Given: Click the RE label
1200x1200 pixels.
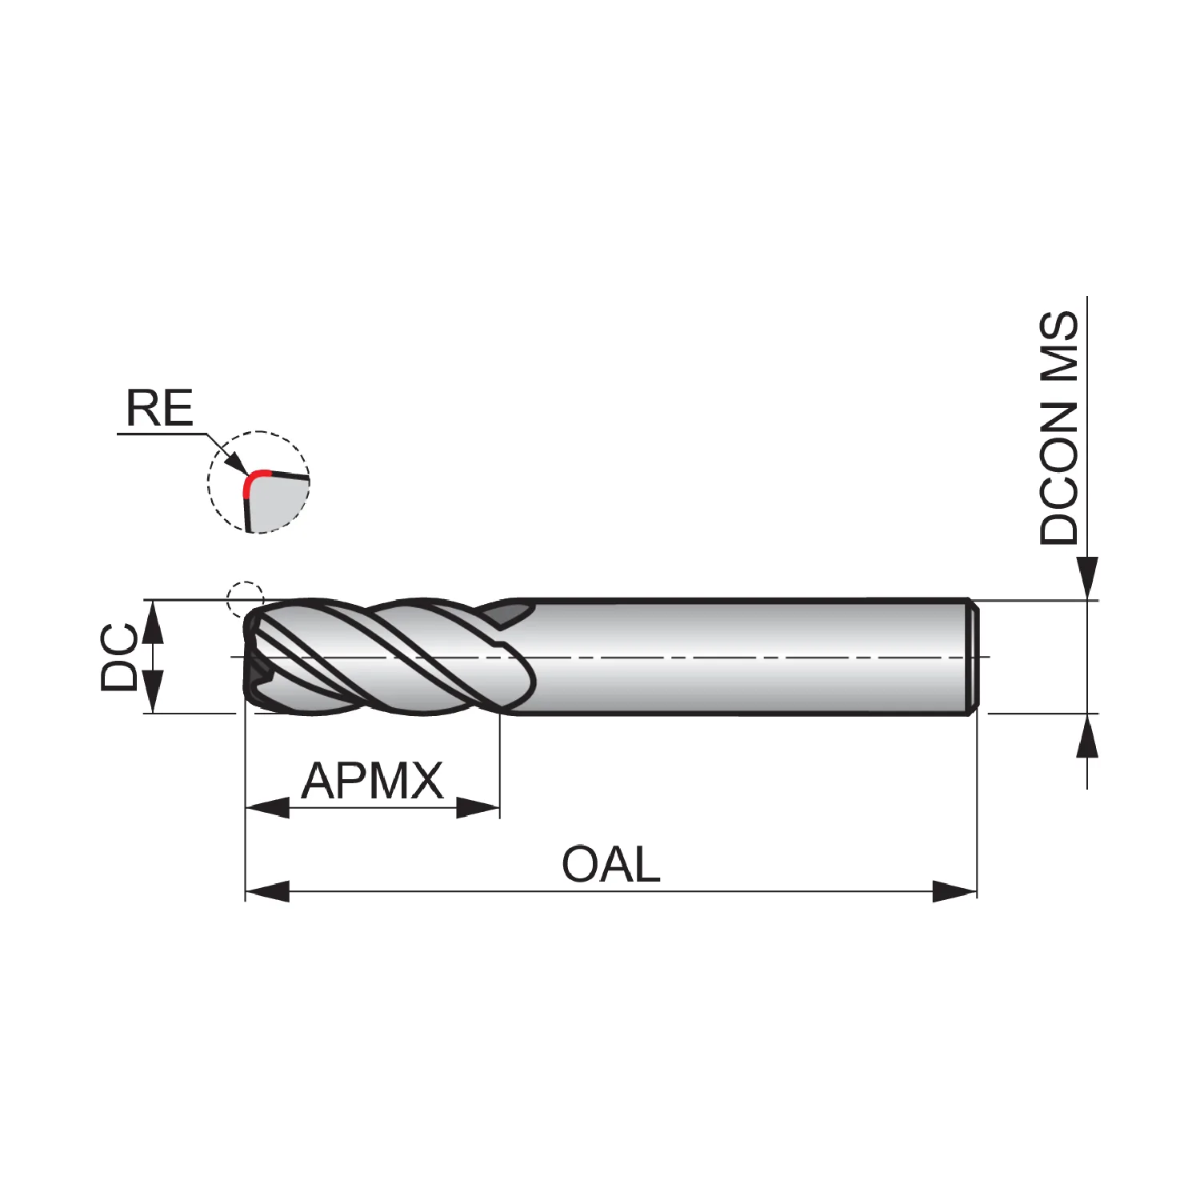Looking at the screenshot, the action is point(159,408).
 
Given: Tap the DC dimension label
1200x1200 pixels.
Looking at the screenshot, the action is point(119,658).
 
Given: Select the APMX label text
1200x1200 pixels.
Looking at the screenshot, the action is point(372,781).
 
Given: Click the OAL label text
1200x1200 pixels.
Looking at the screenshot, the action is point(611,865).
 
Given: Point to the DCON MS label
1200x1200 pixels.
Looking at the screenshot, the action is point(1058,428).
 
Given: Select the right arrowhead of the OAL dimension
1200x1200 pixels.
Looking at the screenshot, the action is point(955,891).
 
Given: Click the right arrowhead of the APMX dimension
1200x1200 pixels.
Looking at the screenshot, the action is point(478,807).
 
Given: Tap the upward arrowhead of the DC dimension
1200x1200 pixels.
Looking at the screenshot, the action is point(153,622).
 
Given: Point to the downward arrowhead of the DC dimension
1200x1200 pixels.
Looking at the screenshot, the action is point(153,691).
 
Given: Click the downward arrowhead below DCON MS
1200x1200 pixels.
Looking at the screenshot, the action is point(1086,578).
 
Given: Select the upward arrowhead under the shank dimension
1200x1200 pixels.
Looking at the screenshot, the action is point(1086,735).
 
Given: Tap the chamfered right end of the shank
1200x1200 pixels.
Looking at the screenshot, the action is point(974,657).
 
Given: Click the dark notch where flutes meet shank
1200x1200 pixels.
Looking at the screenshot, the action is point(509,614).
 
